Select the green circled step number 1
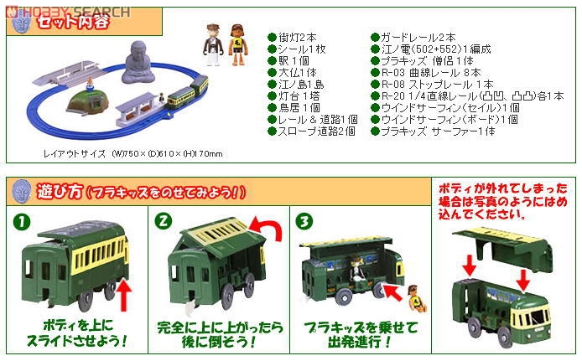pos(19,223)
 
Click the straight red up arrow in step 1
pos(127,293)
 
